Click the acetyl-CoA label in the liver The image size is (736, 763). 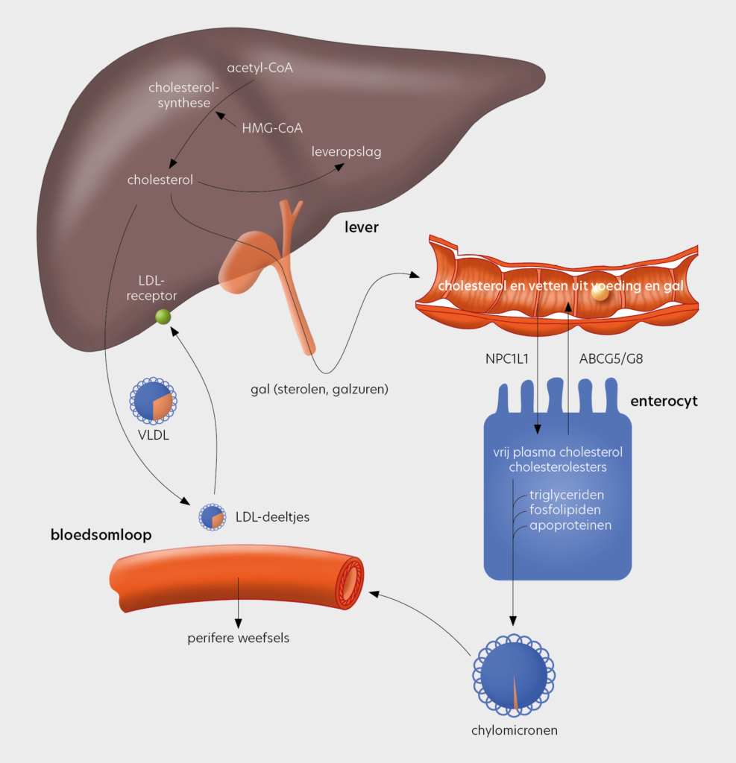click(260, 69)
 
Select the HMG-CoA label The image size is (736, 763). click(272, 128)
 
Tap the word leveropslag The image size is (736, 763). click(346, 152)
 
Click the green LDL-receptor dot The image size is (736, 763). click(163, 317)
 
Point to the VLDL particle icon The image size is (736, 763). click(153, 402)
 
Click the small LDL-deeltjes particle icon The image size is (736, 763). click(213, 516)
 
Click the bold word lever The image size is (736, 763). click(361, 227)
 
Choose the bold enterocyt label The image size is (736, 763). click(664, 402)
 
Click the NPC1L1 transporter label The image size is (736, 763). click(506, 359)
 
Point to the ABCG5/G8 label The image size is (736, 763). click(611, 359)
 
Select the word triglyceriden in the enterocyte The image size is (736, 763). click(567, 495)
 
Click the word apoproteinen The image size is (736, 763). click(570, 525)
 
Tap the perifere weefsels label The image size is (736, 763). click(237, 638)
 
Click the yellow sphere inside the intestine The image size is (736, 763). click(599, 294)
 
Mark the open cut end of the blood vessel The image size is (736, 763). click(350, 581)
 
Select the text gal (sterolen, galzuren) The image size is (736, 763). click(320, 388)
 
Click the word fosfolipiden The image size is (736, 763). click(564, 510)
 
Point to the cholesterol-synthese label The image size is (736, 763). click(184, 95)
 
